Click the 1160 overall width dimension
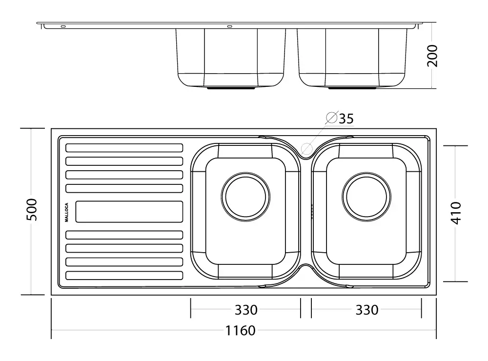coord(240,331)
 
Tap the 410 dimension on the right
coord(456,213)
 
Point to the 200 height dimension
coord(432,56)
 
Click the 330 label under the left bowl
coord(246,310)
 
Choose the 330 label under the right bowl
coord(366,310)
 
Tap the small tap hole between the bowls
coord(306,148)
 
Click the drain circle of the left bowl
coord(246,197)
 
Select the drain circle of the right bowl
coord(366,197)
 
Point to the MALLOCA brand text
coord(67,212)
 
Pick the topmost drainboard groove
coord(124,148)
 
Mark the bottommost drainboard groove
coord(124,275)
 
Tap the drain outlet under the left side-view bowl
coord(231,89)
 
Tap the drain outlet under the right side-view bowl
coord(352,89)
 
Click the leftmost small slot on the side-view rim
coord(63,26)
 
